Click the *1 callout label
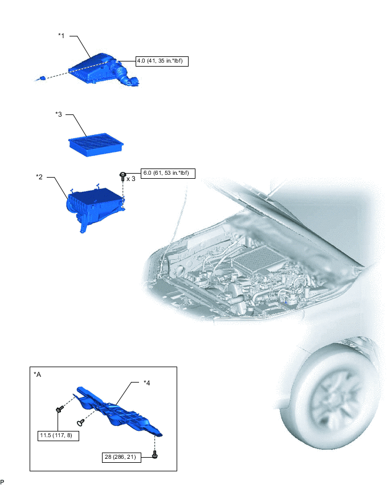62,36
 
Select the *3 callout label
59,114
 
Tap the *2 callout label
39,177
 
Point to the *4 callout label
147,383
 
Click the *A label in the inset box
37,375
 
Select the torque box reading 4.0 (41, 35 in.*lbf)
162,61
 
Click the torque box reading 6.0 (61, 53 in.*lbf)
168,173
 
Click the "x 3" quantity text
130,179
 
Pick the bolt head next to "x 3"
122,176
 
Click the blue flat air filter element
96,145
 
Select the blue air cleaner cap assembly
104,69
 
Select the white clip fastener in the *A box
80,422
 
